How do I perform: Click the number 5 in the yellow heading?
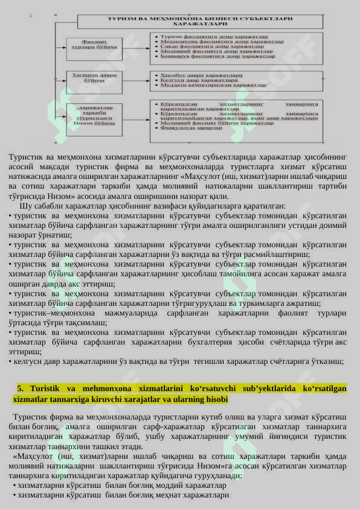click(x=20, y=388)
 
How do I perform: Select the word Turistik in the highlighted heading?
click(x=46, y=388)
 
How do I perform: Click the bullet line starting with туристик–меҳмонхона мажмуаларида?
click(x=178, y=313)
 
